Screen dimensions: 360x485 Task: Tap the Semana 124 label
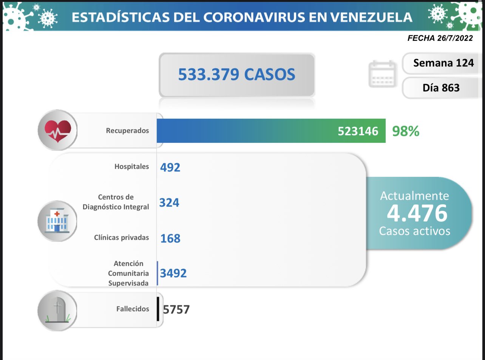coord(443,63)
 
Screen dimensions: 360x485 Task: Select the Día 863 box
coord(441,88)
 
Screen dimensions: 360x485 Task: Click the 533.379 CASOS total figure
coord(236,74)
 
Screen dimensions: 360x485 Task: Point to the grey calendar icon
coord(382,74)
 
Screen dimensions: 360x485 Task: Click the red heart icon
coord(57,130)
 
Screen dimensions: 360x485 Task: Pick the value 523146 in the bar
coord(358,131)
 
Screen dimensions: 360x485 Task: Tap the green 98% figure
coord(406,131)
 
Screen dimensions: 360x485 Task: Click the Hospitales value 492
coord(170,167)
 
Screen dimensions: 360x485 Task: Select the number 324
coord(169,203)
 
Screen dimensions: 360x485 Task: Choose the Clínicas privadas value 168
coord(170,238)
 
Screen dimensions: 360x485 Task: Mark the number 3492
coord(173,273)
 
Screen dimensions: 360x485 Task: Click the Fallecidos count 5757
coord(176,310)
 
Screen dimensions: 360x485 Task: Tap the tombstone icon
coord(57,311)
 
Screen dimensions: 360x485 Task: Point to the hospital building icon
coord(57,221)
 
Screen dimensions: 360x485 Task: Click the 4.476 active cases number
coord(417,213)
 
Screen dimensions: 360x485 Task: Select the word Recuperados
coord(127,131)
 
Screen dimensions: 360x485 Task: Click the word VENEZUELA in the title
coord(371,17)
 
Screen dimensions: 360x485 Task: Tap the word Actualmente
coord(414,196)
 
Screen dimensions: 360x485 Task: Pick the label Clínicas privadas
coord(121,238)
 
